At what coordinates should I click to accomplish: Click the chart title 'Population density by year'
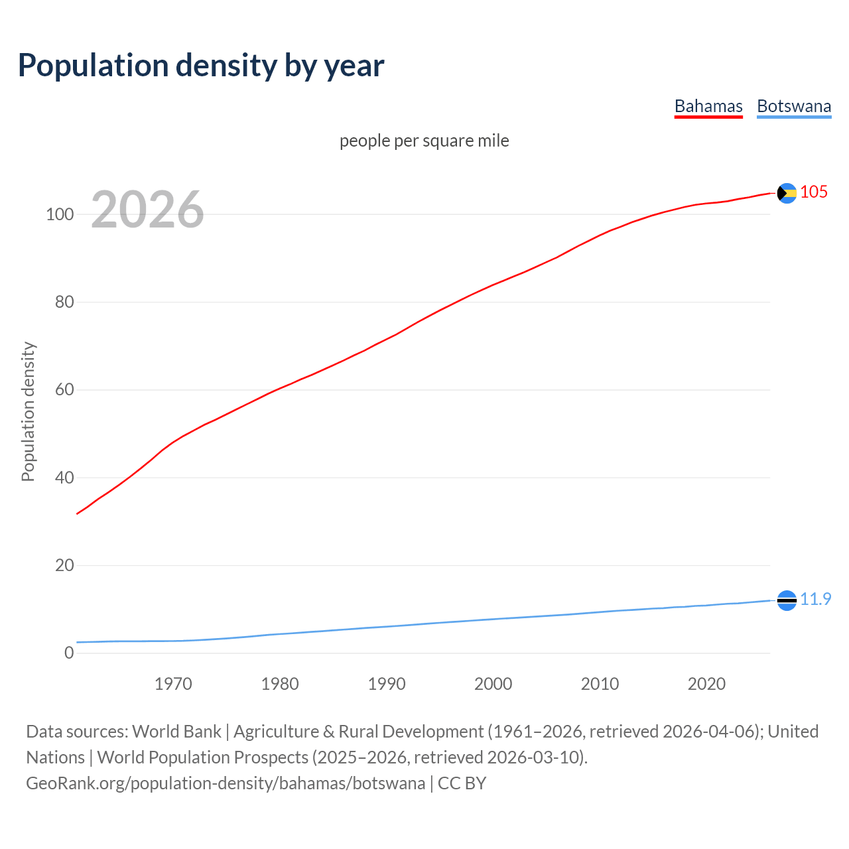[201, 65]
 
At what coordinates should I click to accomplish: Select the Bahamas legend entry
[708, 106]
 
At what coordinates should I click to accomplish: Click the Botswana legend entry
[793, 106]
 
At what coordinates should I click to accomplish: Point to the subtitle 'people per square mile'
[424, 141]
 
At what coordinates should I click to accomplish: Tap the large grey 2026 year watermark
[147, 210]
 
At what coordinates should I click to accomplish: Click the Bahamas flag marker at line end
[787, 193]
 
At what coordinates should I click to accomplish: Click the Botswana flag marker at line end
[787, 600]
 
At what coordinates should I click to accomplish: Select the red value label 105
[814, 192]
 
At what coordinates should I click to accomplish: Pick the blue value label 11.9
[815, 599]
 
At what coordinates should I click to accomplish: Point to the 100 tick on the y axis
[60, 214]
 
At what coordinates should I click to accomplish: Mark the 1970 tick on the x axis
[173, 684]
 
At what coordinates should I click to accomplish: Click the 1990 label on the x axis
[387, 684]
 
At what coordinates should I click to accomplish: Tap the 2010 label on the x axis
[600, 684]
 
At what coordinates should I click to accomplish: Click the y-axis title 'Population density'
[28, 411]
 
